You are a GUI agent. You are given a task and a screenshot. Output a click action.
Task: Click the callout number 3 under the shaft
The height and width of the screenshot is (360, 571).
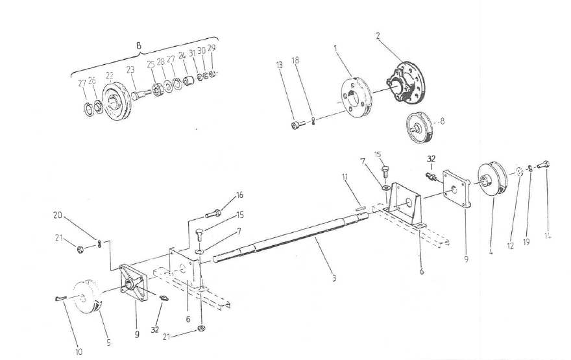334,279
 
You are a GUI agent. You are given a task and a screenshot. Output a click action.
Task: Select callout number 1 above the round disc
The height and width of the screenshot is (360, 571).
335,48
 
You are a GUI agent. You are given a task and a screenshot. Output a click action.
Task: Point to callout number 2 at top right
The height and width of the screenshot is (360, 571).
378,36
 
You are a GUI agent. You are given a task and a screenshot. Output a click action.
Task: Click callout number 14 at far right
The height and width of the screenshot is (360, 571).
548,236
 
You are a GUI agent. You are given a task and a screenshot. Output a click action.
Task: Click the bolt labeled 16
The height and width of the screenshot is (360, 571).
213,213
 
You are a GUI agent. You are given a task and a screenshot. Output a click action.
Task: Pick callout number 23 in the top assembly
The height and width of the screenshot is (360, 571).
130,69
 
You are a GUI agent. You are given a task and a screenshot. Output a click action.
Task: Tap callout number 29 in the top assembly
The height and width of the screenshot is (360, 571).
212,48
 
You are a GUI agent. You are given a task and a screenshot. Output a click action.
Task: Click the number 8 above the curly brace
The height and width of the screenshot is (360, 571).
138,45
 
